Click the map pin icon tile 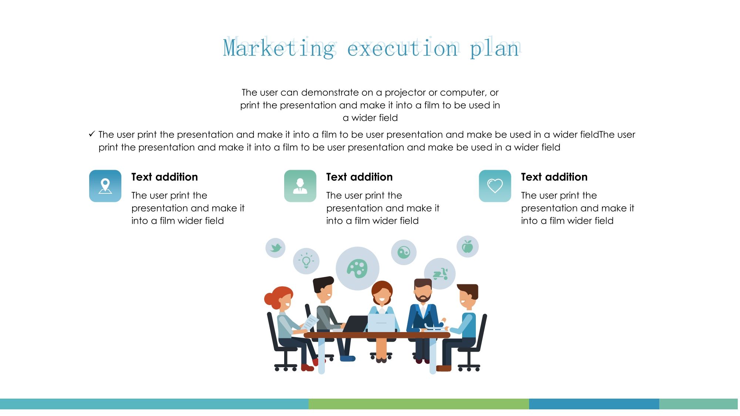click(105, 186)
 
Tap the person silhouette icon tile click(300, 186)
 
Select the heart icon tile click(495, 186)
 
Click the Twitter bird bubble click(276, 248)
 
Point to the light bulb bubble click(306, 261)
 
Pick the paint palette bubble click(357, 268)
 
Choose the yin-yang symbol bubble click(404, 253)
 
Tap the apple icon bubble click(468, 247)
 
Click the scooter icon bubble click(440, 274)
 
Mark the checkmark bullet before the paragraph click(92, 134)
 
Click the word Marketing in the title click(279, 48)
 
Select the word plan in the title click(495, 48)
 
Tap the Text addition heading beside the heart click(554, 177)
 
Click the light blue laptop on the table click(381, 323)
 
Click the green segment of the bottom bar click(419, 404)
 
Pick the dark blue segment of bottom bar click(594, 404)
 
